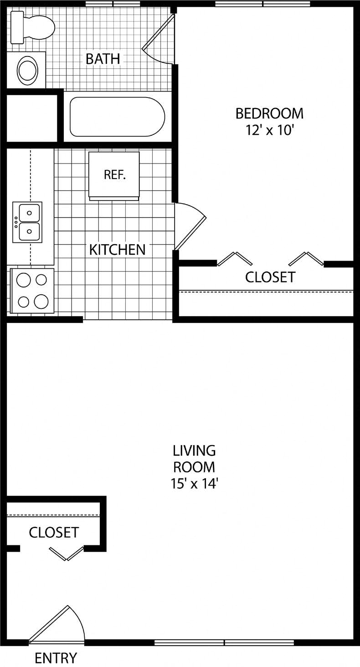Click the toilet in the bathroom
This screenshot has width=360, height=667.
tap(32, 27)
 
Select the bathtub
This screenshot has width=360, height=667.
tap(117, 117)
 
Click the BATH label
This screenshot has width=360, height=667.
tap(103, 59)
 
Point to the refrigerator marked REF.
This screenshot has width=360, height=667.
tap(114, 175)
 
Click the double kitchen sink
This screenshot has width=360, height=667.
tap(28, 222)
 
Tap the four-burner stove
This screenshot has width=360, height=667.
tap(32, 291)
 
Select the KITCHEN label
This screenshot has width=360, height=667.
tap(117, 250)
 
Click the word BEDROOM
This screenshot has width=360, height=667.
tap(269, 113)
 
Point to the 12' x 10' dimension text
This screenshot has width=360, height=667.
tap(269, 131)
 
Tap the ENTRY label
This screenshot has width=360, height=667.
tap(56, 658)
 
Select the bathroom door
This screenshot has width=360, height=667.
tap(159, 39)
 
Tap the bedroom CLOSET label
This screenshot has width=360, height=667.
tap(270, 277)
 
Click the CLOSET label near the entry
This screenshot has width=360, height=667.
tap(54, 532)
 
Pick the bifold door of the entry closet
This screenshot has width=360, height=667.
tap(67, 553)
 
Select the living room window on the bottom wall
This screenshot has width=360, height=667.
tap(224, 642)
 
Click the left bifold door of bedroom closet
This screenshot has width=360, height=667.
tap(235, 258)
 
